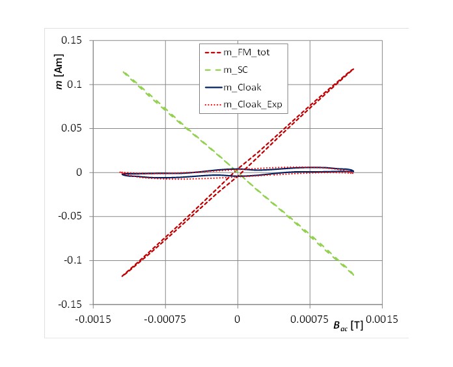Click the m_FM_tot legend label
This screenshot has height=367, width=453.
247,53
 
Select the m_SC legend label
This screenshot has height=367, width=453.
236,70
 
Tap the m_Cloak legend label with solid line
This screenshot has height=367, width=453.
242,87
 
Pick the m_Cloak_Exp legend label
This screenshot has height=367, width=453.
253,104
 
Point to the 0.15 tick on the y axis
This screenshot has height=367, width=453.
72,40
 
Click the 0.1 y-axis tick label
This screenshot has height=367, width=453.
74,85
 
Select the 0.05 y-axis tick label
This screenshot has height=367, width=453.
72,128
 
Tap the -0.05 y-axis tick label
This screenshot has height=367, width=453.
70,216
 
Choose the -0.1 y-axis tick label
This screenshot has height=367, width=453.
73,260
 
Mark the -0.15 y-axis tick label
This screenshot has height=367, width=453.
70,305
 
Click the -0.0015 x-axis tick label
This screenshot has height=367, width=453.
93,319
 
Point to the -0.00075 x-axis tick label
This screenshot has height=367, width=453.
165,319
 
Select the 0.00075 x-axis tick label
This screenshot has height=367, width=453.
309,319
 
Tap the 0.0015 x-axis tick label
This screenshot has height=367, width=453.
382,319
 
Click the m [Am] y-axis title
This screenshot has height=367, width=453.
59,72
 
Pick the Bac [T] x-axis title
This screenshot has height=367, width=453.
348,326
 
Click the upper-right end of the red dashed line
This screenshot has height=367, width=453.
353,69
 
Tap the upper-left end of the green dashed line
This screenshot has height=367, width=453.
124,72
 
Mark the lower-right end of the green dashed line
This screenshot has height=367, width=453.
353,275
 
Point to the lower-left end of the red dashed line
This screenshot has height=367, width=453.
122,277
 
